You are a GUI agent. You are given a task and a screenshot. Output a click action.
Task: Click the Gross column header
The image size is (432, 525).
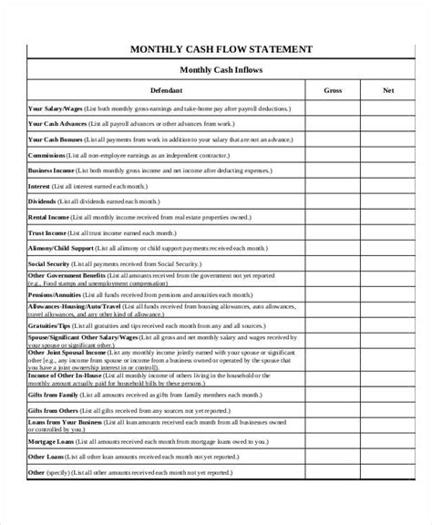[333, 91]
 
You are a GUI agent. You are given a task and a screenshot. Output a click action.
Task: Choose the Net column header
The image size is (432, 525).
[386, 91]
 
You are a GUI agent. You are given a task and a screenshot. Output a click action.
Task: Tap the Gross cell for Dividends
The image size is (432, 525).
[333, 201]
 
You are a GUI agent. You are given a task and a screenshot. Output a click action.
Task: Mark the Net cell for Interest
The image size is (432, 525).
[386, 186]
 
